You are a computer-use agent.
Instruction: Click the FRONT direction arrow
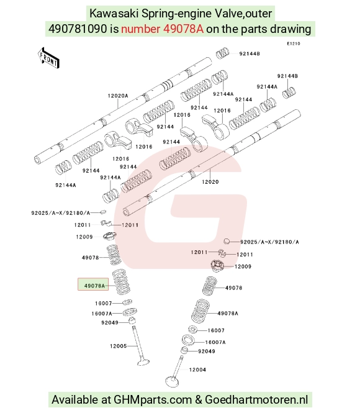tap(48, 58)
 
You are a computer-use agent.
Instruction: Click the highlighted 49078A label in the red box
tap(94, 286)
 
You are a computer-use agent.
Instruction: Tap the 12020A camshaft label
tap(118, 96)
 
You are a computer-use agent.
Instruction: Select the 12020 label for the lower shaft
tap(210, 182)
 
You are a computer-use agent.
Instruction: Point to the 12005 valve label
tap(118, 346)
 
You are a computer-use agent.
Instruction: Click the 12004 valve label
tap(197, 370)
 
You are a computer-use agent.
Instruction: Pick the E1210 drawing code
tap(294, 43)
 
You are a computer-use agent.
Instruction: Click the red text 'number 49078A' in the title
tap(162, 29)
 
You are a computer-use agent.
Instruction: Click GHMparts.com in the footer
tap(152, 399)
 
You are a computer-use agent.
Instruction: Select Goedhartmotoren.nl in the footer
tap(256, 399)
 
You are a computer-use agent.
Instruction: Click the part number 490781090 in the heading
tap(78, 29)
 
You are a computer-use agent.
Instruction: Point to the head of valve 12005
tap(143, 362)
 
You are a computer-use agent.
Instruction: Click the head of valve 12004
tap(172, 381)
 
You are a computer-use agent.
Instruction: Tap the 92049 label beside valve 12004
tap(206, 351)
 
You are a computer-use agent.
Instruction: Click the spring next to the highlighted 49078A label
tap(121, 282)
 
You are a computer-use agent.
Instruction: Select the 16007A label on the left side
tap(102, 314)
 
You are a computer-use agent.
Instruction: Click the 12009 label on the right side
tap(243, 266)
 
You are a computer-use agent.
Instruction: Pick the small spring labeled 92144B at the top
tap(223, 53)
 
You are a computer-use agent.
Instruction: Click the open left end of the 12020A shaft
tap(38, 160)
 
